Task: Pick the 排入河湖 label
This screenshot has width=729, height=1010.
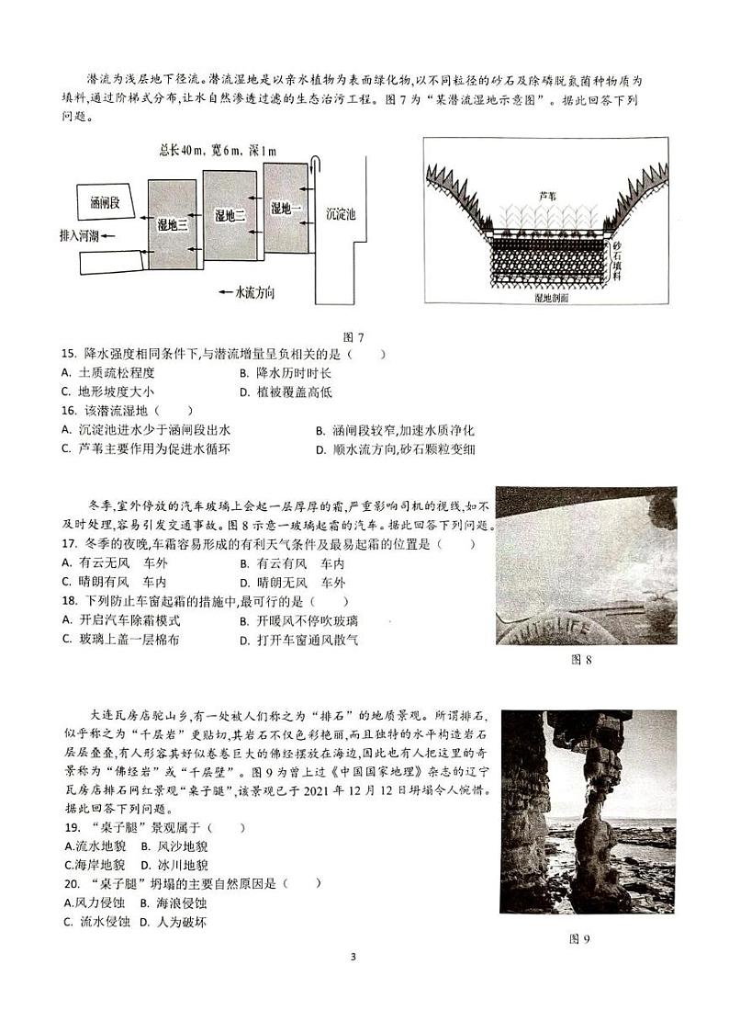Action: click(76, 236)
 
